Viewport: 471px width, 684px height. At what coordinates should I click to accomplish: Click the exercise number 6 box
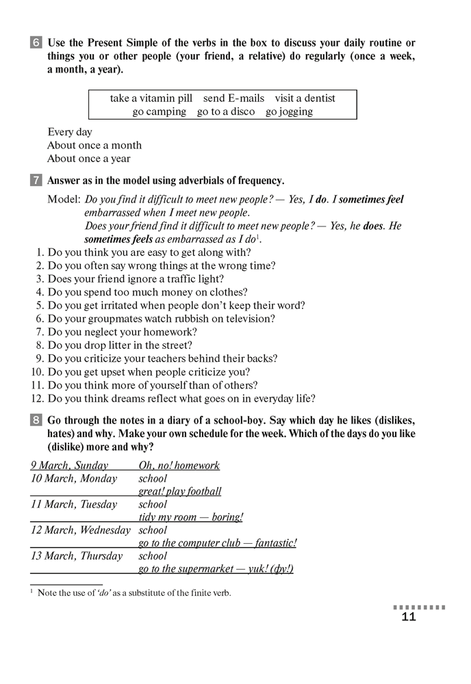(x=36, y=43)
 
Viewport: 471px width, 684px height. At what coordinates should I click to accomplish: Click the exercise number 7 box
(x=36, y=181)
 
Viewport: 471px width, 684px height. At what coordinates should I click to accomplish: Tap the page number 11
(x=409, y=618)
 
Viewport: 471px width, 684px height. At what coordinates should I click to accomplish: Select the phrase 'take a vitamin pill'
(x=151, y=98)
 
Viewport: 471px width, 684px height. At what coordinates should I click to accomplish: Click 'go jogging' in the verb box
(x=289, y=111)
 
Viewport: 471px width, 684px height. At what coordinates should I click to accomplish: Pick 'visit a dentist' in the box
(x=305, y=98)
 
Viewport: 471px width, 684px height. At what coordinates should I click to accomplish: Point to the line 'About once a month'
(x=94, y=145)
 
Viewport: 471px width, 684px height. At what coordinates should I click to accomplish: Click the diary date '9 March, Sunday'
(x=70, y=466)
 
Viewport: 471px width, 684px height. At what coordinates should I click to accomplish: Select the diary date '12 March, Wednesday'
(x=81, y=530)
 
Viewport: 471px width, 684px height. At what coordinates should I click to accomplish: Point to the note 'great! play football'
(x=180, y=491)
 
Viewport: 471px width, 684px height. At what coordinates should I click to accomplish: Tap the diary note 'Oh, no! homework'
(x=179, y=466)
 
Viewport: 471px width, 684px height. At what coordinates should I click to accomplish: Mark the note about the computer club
(x=218, y=543)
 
